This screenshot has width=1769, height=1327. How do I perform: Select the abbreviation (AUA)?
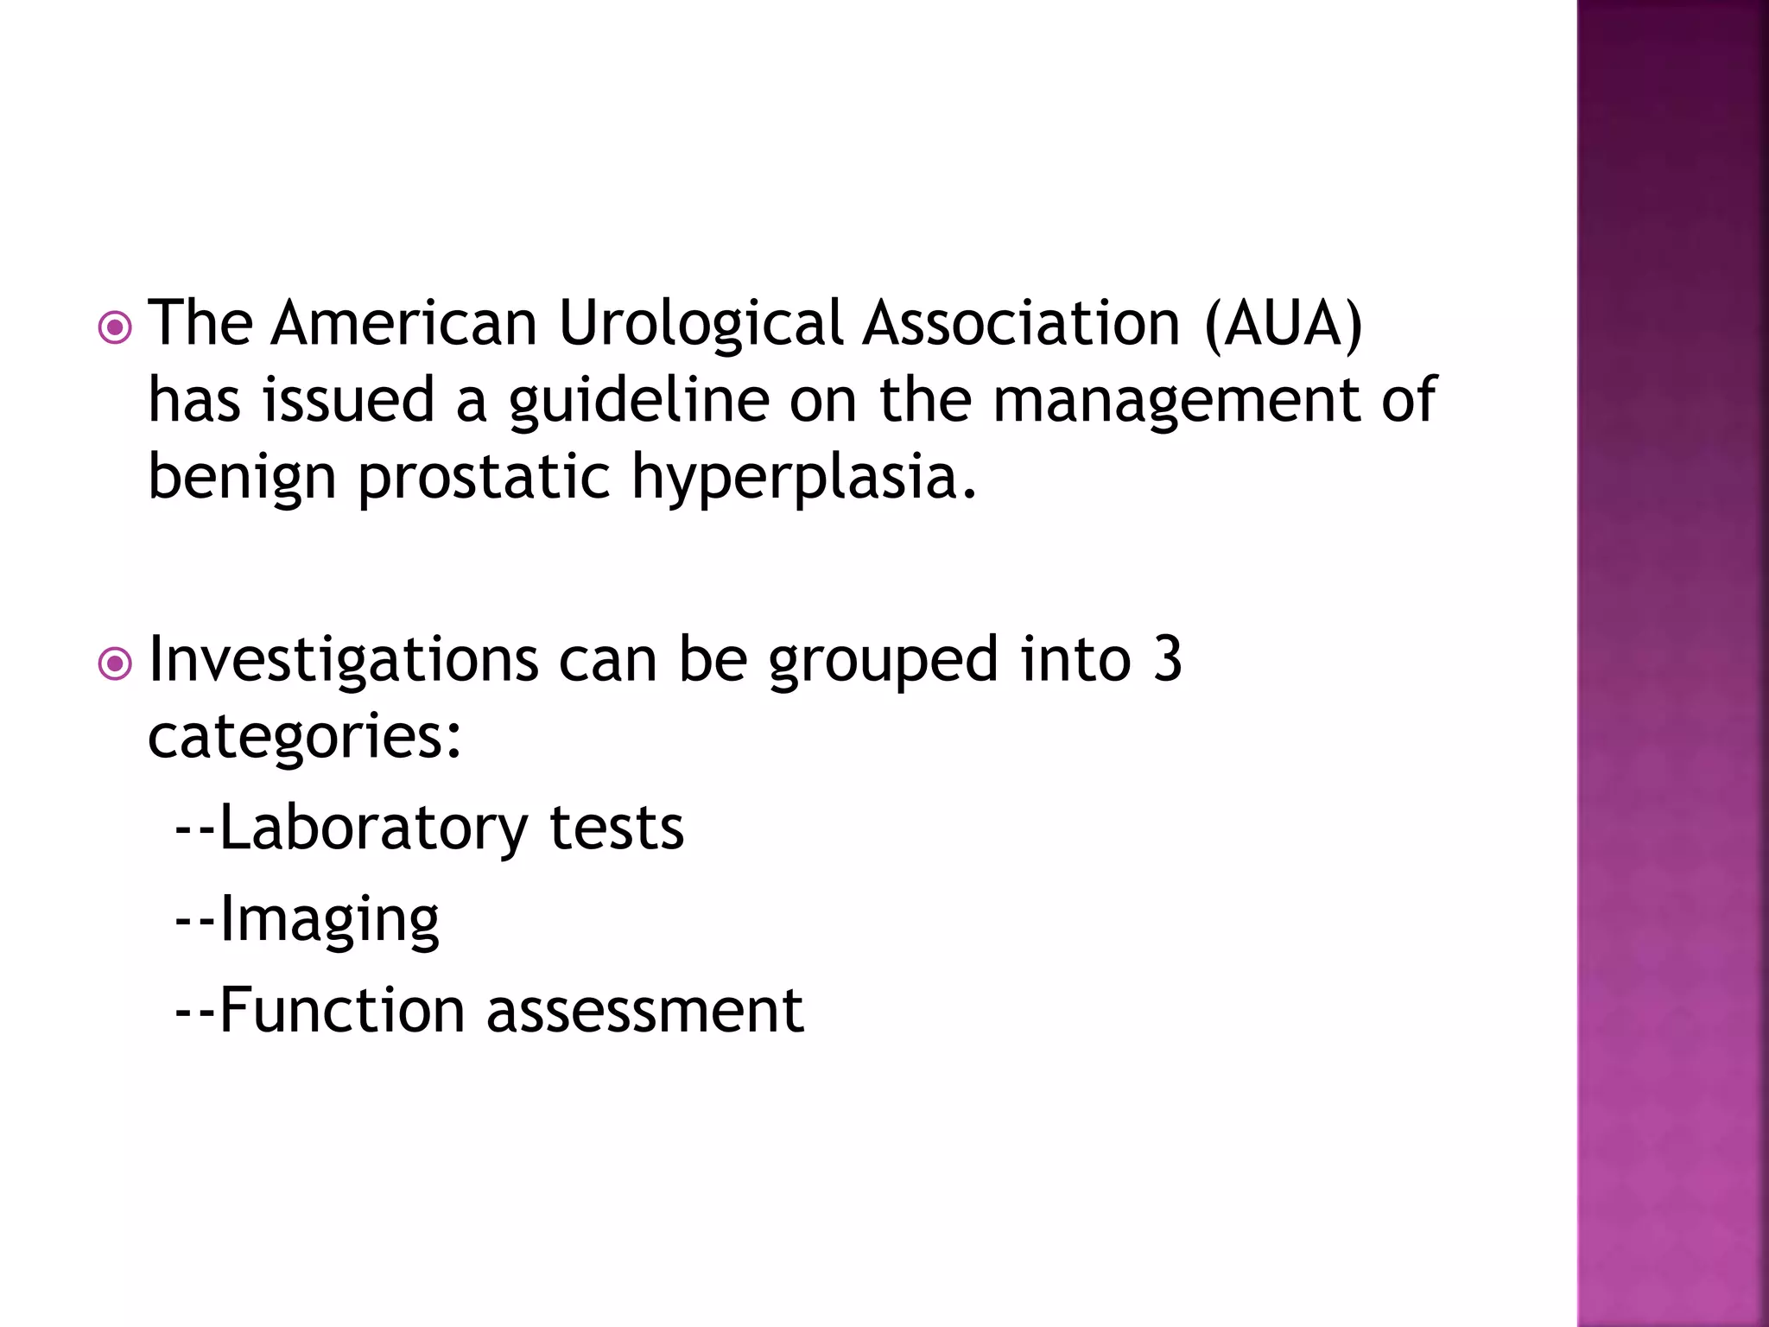click(x=1284, y=323)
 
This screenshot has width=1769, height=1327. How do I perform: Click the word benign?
click(x=242, y=479)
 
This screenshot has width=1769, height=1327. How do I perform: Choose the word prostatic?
click(x=485, y=479)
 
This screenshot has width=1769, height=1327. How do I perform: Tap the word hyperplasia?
click(x=803, y=479)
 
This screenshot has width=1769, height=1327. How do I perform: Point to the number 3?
click(x=1167, y=659)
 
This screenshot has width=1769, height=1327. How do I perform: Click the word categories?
click(x=304, y=737)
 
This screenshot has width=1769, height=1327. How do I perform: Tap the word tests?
click(x=617, y=828)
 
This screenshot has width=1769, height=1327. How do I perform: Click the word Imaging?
click(x=329, y=921)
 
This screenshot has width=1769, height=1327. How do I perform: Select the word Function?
click(x=342, y=1010)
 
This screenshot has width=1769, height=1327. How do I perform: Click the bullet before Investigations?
click(x=115, y=664)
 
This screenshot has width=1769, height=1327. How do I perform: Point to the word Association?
click(x=1021, y=323)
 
